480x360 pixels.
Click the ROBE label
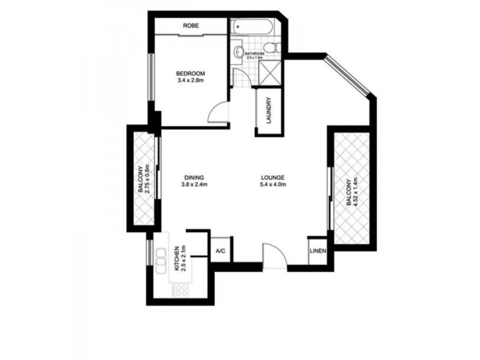[x=191, y=26]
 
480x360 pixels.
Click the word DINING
[x=194, y=178]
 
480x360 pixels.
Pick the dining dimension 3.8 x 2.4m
[x=194, y=185]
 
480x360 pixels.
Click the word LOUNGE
[x=272, y=178]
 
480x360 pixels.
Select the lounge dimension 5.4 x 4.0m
[x=272, y=185]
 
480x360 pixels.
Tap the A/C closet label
[x=220, y=251]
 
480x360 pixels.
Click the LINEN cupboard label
[x=317, y=251]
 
